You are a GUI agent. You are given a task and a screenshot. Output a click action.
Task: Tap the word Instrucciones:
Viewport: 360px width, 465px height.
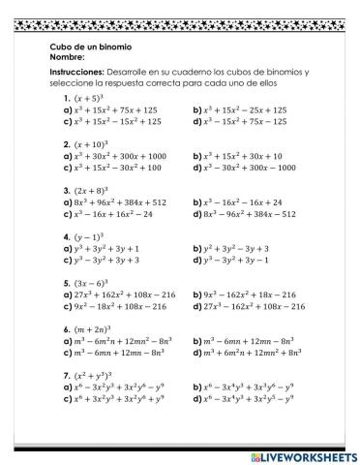click(x=79, y=73)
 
